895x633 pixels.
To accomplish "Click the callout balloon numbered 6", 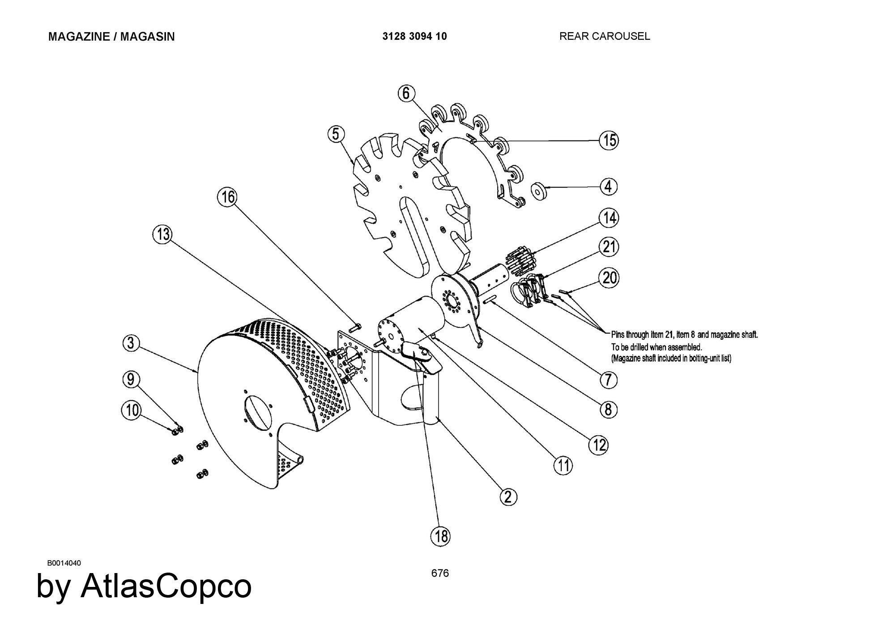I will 406,93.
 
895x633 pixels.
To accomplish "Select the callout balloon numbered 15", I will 609,140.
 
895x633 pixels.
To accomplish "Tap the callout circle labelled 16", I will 228,197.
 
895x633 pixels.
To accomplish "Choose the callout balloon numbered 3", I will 131,344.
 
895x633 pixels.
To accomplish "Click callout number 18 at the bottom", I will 440,535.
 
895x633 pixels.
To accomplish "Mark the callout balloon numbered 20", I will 609,278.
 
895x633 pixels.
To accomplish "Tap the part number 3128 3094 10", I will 414,36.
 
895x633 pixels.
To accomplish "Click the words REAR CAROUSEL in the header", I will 604,36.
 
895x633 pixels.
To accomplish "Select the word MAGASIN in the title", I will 147,36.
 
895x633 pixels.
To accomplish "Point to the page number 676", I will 440,573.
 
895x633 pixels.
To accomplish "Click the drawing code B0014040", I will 64,563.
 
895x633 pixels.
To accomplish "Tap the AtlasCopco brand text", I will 166,586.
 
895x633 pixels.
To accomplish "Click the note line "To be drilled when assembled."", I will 656,347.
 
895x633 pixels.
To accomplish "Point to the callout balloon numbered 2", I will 508,497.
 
